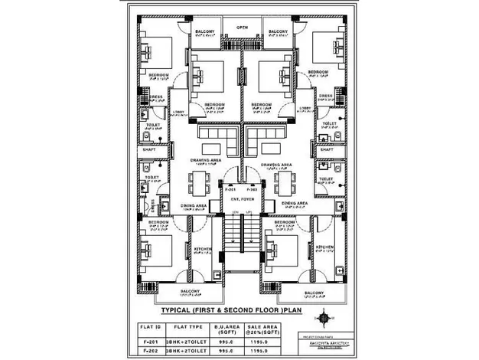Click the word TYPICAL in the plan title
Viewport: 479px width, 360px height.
[x=178, y=312]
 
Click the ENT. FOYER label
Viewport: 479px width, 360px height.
[x=242, y=198]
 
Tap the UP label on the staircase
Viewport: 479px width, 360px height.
[x=249, y=211]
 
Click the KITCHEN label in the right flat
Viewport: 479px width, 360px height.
[x=324, y=247]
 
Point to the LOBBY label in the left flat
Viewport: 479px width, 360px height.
[x=179, y=112]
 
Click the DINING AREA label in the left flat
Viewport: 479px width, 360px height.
[x=194, y=205]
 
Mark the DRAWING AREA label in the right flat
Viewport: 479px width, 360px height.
[x=275, y=165]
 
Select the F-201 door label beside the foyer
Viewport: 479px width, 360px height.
[x=229, y=188]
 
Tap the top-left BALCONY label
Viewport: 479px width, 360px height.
[x=204, y=31]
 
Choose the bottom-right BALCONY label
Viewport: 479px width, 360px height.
[x=313, y=293]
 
